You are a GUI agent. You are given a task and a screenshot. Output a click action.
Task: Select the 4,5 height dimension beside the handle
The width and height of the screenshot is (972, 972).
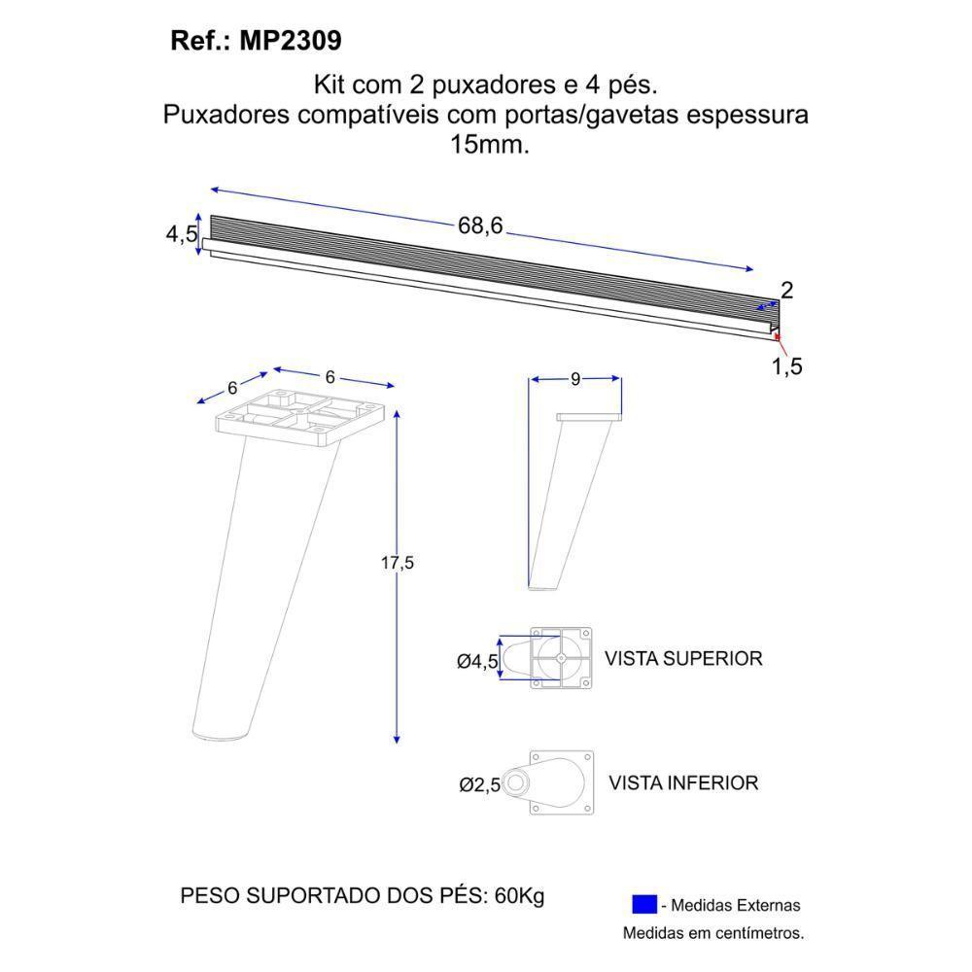tap(181, 234)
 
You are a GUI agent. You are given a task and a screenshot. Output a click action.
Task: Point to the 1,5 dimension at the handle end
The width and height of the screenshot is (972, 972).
tap(786, 366)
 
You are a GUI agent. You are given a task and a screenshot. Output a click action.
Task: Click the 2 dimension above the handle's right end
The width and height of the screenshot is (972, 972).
tap(786, 289)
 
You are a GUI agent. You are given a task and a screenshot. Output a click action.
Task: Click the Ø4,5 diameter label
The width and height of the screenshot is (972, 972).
tap(477, 661)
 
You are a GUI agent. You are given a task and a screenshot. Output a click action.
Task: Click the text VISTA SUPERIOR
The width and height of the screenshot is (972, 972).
tap(682, 658)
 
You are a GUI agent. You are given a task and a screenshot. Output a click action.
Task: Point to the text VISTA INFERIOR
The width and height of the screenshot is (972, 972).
tap(682, 782)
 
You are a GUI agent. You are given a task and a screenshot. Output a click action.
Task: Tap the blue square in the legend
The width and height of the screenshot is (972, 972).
tap(643, 904)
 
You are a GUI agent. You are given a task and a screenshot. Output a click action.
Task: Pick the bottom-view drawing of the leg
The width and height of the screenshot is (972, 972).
tap(554, 782)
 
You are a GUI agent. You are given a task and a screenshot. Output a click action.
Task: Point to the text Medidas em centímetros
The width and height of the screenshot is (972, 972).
tap(713, 933)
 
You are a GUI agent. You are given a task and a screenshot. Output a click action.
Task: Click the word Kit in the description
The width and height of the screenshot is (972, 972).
tap(330, 85)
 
